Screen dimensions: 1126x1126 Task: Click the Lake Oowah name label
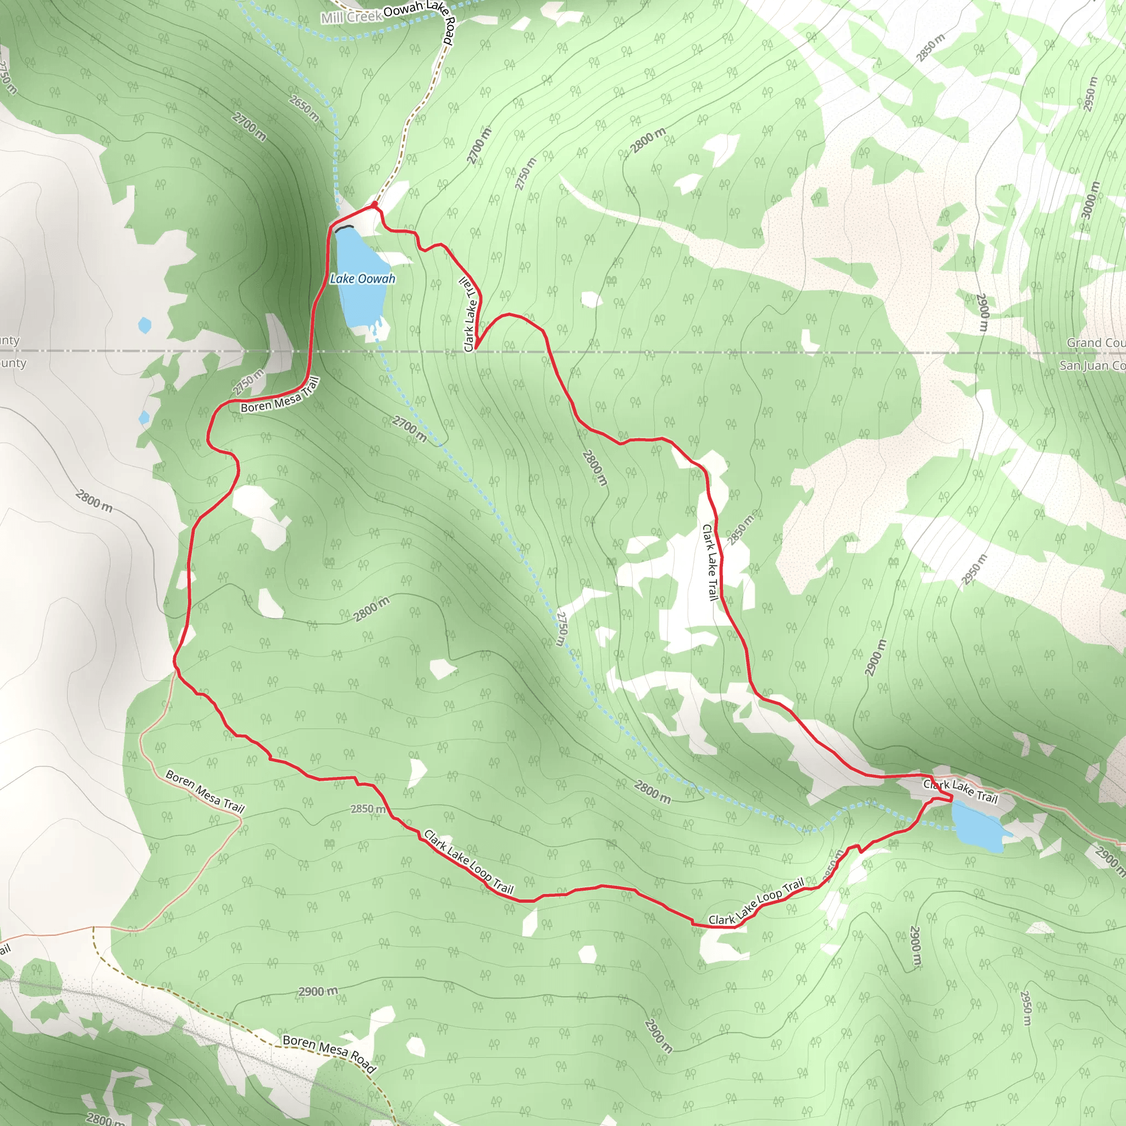click(362, 279)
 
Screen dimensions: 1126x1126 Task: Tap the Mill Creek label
click(351, 17)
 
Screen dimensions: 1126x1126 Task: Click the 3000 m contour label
click(1091, 200)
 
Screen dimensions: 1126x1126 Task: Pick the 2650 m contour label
click(304, 108)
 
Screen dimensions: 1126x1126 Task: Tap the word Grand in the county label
click(1084, 343)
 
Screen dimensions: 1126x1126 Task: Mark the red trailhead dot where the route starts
click(374, 205)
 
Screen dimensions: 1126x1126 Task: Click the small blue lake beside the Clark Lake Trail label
click(978, 827)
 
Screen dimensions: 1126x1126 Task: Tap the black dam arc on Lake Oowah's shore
click(344, 228)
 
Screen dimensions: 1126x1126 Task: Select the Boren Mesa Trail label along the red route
click(280, 395)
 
